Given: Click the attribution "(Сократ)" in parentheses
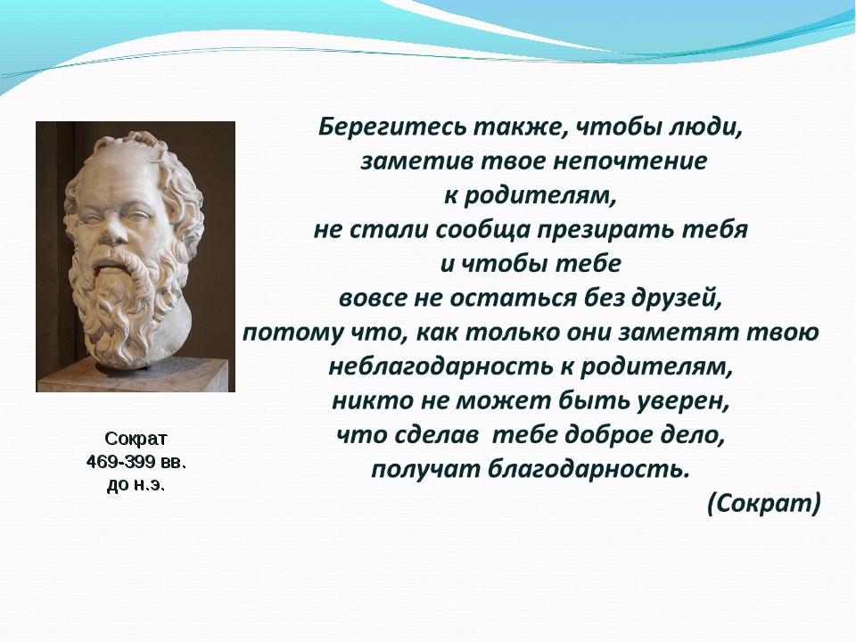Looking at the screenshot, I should (x=763, y=504).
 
